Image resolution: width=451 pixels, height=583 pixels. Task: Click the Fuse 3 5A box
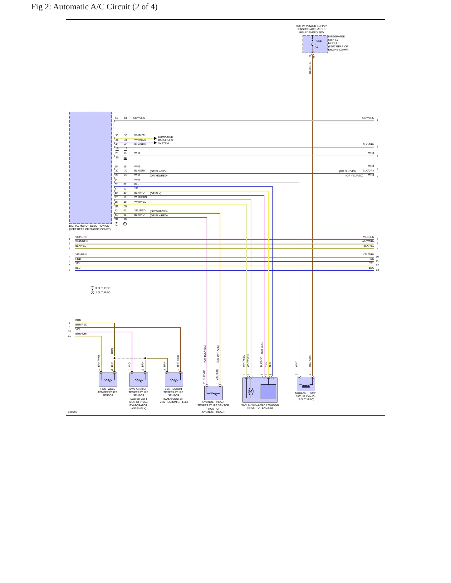(x=315, y=44)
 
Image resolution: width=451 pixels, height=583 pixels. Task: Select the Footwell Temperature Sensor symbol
(x=108, y=379)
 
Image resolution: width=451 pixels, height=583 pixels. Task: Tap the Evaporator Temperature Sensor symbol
(x=139, y=379)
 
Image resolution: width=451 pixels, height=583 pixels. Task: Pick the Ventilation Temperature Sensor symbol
(x=174, y=379)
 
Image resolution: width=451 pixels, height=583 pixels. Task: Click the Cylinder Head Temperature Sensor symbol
(x=213, y=393)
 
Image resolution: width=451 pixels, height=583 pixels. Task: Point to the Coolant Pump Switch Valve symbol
(x=306, y=384)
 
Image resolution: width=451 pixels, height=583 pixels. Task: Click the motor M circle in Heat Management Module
(x=250, y=392)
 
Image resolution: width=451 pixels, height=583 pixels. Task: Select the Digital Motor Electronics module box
(x=91, y=168)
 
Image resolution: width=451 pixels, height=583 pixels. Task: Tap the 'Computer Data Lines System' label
(x=165, y=140)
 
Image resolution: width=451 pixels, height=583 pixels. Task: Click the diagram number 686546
(x=72, y=412)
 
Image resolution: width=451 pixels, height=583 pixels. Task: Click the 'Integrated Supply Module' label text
(x=339, y=43)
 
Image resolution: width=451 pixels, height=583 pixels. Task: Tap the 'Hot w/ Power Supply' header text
(x=311, y=26)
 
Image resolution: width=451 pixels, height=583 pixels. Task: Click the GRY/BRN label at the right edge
(x=368, y=118)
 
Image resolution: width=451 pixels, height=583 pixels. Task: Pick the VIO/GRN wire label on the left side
(x=81, y=237)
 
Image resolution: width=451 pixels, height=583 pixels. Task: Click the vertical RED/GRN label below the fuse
(x=310, y=68)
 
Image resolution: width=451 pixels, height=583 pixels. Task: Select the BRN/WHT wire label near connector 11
(x=81, y=334)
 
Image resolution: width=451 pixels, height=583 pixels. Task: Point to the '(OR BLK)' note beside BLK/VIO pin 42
(x=155, y=194)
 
